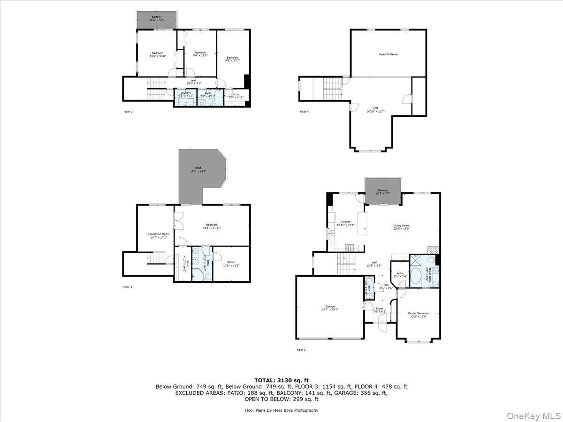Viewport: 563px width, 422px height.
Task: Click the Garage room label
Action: click(x=330, y=308)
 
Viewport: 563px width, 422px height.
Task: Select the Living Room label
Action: click(x=401, y=227)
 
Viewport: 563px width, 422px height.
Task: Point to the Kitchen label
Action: click(x=346, y=223)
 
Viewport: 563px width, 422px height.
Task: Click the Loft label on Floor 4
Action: click(x=375, y=110)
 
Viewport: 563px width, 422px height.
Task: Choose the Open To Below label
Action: click(x=388, y=54)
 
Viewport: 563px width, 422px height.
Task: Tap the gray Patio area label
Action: click(x=198, y=170)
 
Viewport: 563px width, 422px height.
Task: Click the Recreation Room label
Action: click(x=158, y=235)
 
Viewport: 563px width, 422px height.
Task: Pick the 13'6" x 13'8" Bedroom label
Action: click(x=157, y=54)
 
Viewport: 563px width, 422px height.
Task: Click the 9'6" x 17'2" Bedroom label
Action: click(x=232, y=59)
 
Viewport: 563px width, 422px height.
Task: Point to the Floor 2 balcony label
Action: click(x=156, y=19)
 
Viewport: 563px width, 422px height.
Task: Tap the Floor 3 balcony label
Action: click(x=383, y=192)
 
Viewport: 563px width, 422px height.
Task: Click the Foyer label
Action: click(x=379, y=310)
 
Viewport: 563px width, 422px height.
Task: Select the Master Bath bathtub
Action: click(x=416, y=277)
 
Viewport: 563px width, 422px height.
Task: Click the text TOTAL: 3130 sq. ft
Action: click(x=281, y=380)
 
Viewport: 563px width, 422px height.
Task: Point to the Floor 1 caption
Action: click(x=128, y=286)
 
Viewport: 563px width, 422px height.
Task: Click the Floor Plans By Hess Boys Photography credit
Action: click(x=281, y=410)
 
